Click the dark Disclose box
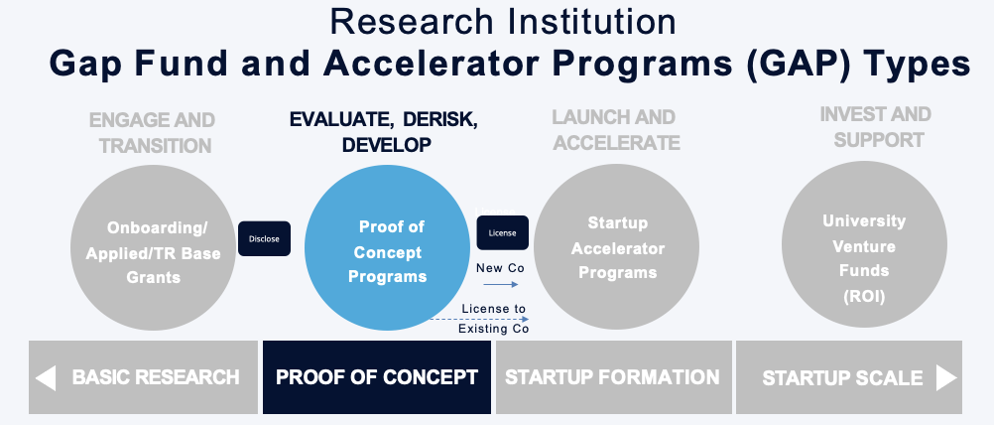coord(264,238)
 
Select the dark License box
coord(503,232)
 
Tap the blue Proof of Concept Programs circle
coord(387,247)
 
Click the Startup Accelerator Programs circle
coord(617,247)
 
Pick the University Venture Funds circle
coord(864,245)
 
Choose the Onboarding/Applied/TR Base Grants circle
coord(153,247)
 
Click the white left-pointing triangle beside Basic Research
coord(46,377)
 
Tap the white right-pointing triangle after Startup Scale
coord(945,377)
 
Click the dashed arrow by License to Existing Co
coord(479,319)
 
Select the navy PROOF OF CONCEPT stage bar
coord(377,377)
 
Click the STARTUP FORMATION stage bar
coord(614,377)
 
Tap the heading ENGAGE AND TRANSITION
coord(153,133)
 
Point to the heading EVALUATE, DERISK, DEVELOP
coord(384,132)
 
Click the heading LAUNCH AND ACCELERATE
coord(615,130)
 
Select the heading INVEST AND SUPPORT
coord(876,127)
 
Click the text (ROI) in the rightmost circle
coord(864,296)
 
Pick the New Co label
coord(500,268)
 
